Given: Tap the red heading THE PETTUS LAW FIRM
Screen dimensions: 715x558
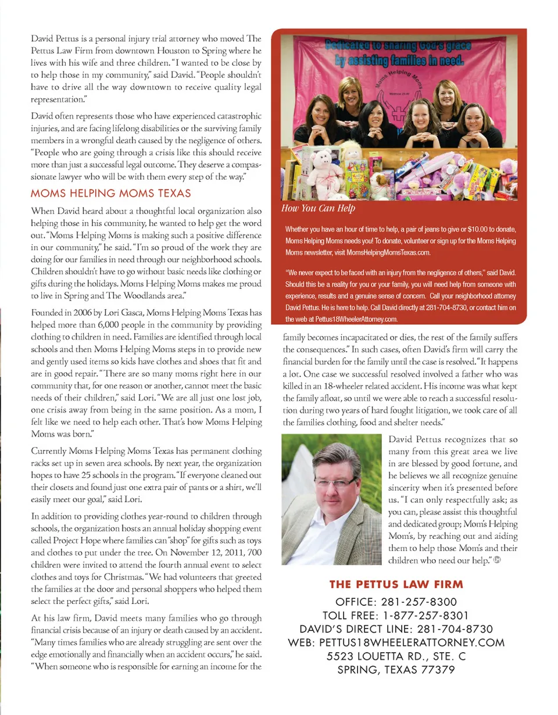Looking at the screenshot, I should pyautogui.click(x=396, y=584).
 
